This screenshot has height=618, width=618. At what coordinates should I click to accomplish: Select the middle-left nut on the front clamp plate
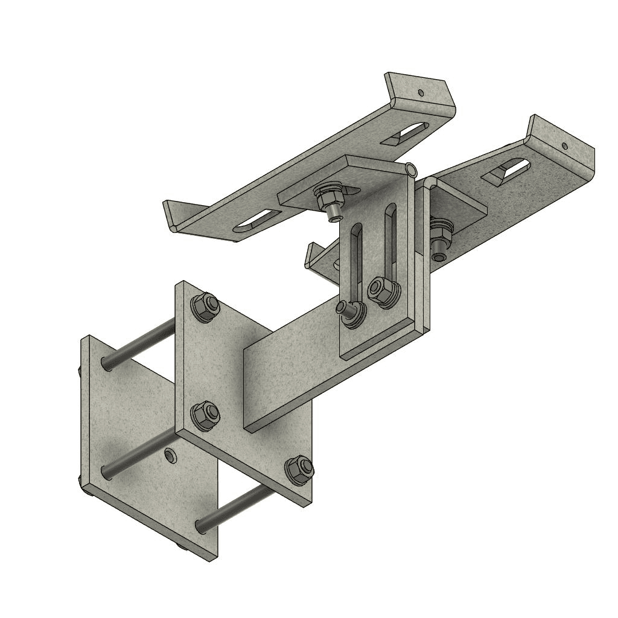[205, 416]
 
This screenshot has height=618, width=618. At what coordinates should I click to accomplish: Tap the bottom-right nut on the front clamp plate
[299, 470]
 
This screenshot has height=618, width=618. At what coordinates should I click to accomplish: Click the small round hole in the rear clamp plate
[171, 454]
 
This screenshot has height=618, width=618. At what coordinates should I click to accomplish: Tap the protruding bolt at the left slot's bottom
[348, 310]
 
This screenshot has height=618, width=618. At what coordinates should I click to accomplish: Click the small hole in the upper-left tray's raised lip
[421, 93]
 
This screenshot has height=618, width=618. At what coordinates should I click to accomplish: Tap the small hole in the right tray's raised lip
[565, 145]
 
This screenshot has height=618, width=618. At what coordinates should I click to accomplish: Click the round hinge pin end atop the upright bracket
[411, 170]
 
